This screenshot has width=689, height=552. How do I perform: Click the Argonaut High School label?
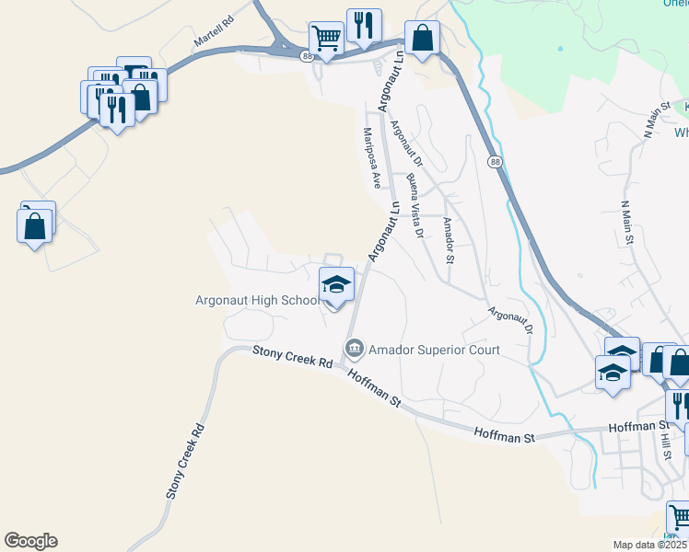(x=257, y=300)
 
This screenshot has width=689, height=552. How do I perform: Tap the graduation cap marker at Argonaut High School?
(x=336, y=284)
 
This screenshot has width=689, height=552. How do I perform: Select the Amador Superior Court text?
(x=434, y=350)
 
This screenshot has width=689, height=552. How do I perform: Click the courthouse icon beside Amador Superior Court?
(x=353, y=349)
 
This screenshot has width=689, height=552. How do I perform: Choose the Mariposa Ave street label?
(x=371, y=157)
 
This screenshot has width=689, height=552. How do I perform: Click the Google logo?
(x=30, y=541)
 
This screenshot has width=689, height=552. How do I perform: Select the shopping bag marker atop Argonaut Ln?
(x=422, y=39)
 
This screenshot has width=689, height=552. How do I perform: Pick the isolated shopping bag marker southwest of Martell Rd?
(x=34, y=224)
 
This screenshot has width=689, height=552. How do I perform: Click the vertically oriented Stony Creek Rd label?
(x=183, y=460)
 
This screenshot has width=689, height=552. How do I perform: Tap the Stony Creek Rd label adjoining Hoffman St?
(x=293, y=356)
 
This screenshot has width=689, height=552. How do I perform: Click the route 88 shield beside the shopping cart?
(x=307, y=56)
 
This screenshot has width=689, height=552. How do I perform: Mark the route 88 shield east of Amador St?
(x=496, y=162)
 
